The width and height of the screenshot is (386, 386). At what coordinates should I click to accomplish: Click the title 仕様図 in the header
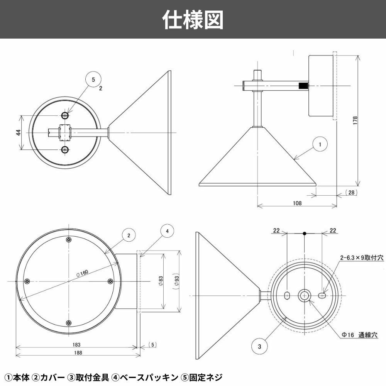(193, 19)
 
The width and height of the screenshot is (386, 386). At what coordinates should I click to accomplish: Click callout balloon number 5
(93, 80)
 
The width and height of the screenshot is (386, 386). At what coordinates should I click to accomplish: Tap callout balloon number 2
(129, 235)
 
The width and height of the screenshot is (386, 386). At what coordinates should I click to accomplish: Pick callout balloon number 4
(167, 231)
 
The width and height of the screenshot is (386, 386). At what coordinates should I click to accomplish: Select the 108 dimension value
(296, 203)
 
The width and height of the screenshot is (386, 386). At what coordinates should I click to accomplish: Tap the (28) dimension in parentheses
(351, 192)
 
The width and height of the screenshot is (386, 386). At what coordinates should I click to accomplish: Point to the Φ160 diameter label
(82, 273)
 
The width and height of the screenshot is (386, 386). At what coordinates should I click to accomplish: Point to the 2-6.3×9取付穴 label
(361, 258)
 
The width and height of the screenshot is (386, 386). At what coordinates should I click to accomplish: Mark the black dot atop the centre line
(305, 233)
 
